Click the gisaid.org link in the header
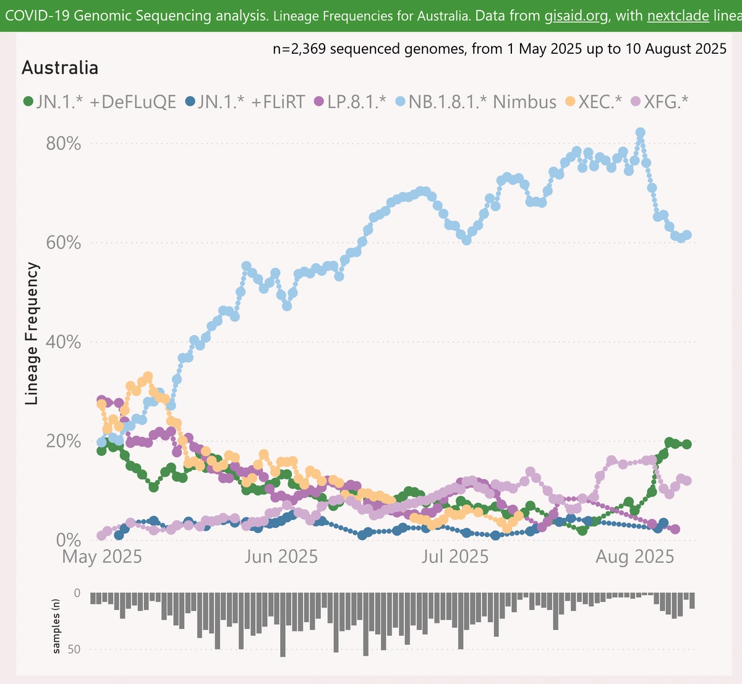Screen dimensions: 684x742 576,15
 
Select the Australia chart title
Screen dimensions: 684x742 60,67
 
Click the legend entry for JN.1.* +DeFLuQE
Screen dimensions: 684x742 100,101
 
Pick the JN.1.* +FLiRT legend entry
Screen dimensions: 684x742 245,101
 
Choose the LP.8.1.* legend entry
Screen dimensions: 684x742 350,101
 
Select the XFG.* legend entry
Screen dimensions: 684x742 659,101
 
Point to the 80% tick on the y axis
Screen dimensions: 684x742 64,143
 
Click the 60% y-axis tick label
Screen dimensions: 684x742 64,242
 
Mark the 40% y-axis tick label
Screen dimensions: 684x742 64,342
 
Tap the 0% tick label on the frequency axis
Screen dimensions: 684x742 69,540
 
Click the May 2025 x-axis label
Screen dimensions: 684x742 103,557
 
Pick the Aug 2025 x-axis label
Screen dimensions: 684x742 634,557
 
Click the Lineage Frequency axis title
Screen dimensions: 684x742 33,334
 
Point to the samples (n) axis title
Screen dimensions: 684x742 57,625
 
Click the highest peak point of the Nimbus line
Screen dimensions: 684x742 641,133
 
